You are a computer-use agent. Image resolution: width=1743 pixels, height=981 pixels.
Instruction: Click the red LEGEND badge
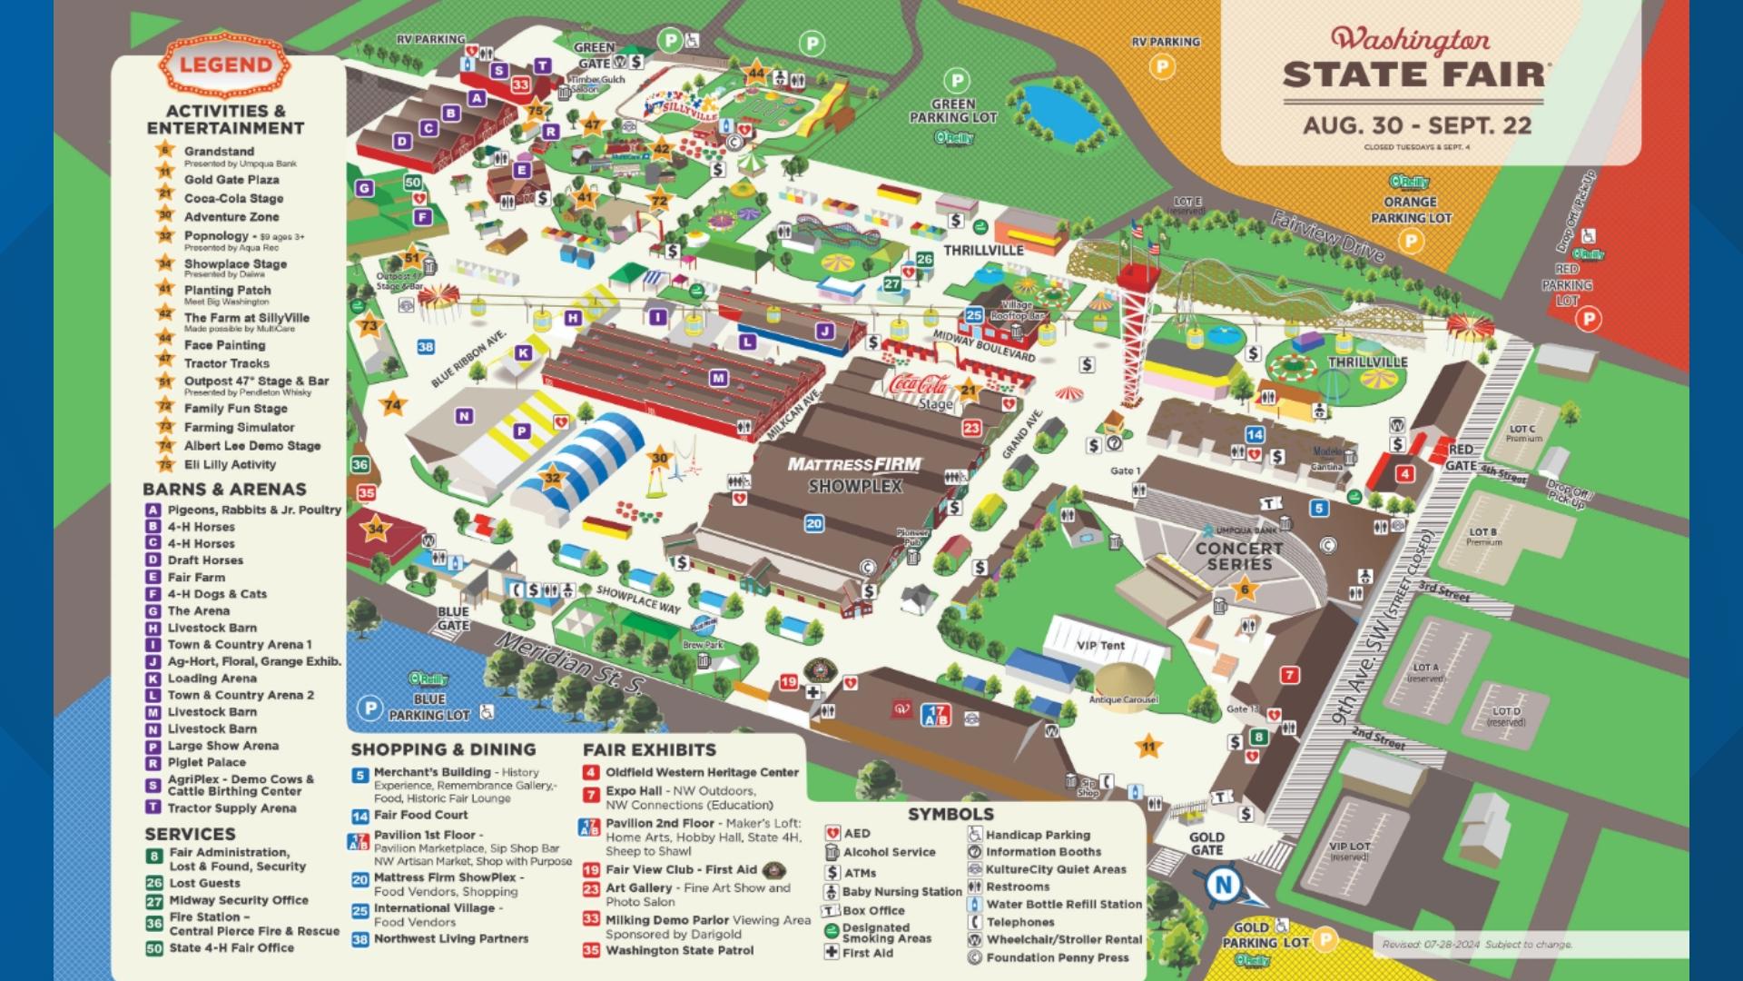(x=225, y=65)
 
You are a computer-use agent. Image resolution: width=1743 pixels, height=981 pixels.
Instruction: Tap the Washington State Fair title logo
(x=1412, y=59)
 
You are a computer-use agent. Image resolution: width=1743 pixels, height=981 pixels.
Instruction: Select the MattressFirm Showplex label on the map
(x=854, y=475)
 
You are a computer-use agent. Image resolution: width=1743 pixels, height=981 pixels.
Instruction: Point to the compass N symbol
(x=1223, y=884)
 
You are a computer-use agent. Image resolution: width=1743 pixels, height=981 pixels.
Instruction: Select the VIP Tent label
(x=1100, y=646)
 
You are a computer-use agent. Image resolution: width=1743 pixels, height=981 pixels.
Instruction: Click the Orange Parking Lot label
(x=1411, y=210)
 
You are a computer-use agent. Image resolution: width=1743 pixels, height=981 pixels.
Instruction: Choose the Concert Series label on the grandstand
(x=1239, y=556)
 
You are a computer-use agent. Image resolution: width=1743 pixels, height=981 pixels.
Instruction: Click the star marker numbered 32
(x=552, y=478)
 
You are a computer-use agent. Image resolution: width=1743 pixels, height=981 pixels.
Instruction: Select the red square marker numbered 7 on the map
(x=1289, y=675)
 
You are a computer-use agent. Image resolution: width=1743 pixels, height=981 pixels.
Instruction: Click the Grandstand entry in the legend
(x=219, y=152)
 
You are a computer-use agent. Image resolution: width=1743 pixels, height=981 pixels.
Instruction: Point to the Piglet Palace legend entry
(x=206, y=762)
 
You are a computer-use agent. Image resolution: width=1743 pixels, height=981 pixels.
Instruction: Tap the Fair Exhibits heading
(x=649, y=750)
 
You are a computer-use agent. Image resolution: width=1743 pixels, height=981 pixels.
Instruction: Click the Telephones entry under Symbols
(x=1020, y=922)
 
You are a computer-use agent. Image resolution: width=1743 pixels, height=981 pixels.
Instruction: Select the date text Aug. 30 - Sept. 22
(x=1417, y=125)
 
